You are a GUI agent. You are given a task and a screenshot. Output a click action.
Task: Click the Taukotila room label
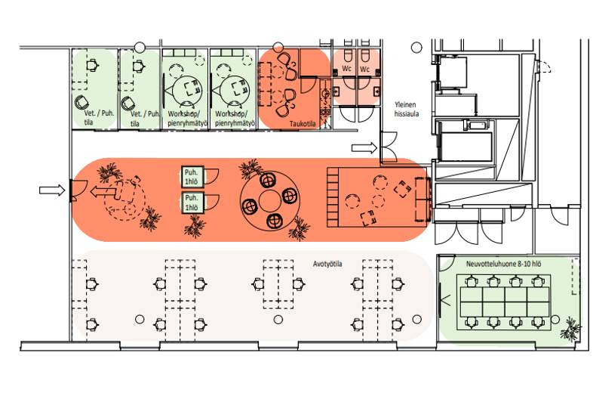tap(303, 123)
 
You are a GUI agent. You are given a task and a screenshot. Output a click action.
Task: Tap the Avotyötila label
tap(327, 264)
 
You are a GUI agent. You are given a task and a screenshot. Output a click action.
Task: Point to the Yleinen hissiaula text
tap(406, 109)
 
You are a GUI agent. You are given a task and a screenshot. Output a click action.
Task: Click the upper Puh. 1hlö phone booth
tap(192, 177)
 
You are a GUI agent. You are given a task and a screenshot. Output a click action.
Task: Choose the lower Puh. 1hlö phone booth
tap(192, 203)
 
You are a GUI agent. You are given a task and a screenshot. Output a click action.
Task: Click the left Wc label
tap(347, 69)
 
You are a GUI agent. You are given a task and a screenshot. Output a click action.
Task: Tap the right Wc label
tap(364, 69)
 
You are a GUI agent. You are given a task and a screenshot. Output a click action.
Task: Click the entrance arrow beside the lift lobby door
tap(364, 148)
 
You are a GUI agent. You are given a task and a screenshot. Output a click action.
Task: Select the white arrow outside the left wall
tap(52, 190)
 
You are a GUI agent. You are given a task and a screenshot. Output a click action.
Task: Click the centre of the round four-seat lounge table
tap(270, 201)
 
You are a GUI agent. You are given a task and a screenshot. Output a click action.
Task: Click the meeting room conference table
tap(504, 302)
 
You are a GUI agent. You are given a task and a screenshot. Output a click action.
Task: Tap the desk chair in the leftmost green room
tap(92, 65)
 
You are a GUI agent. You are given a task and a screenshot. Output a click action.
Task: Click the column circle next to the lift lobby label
tap(416, 48)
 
